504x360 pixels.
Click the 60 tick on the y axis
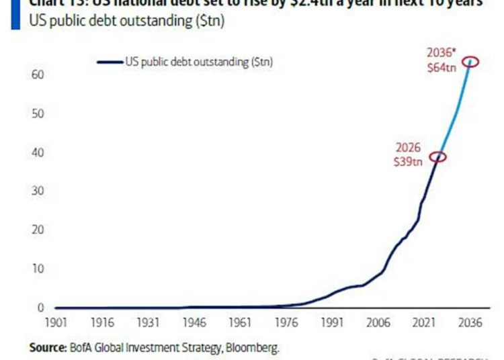click(x=37, y=74)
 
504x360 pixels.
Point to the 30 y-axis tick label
click(x=37, y=191)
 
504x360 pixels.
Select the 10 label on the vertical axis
click(x=37, y=269)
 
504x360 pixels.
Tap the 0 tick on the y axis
click(x=40, y=308)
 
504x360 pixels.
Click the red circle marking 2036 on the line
click(x=470, y=62)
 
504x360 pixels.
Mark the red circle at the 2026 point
click(x=438, y=157)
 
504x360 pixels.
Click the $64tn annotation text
click(x=442, y=69)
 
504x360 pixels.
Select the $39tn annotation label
click(x=409, y=162)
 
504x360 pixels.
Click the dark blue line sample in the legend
click(x=110, y=62)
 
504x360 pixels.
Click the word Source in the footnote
click(x=46, y=348)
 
